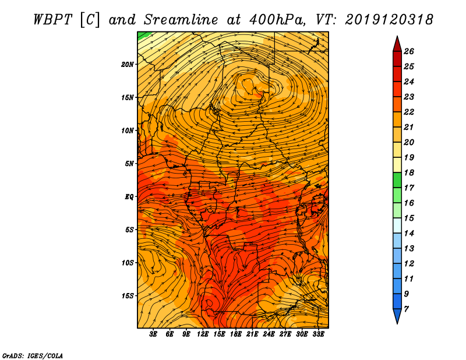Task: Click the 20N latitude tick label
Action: pyautogui.click(x=127, y=65)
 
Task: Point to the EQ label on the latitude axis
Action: pyautogui.click(x=129, y=197)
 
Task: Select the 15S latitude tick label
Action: pyautogui.click(x=127, y=296)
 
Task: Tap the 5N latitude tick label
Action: pyautogui.click(x=129, y=164)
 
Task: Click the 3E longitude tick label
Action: pyautogui.click(x=153, y=334)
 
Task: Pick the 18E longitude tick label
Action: pyautogui.click(x=236, y=334)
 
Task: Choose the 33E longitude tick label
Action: pyautogui.click(x=318, y=334)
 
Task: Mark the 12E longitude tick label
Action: pyautogui.click(x=203, y=334)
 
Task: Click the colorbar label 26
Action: pyautogui.click(x=409, y=51)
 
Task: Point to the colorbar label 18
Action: pyautogui.click(x=409, y=172)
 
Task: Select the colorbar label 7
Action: pyautogui.click(x=406, y=309)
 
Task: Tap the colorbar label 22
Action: pyautogui.click(x=409, y=112)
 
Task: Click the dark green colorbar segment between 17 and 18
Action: pyautogui.click(x=397, y=180)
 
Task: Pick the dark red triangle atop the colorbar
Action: pyautogui.click(x=397, y=45)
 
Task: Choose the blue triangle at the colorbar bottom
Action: pyautogui.click(x=397, y=315)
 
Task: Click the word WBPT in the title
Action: pyautogui.click(x=52, y=20)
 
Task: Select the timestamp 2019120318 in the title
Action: pyautogui.click(x=389, y=20)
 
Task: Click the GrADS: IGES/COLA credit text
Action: pyautogui.click(x=33, y=356)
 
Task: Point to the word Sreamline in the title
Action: pyautogui.click(x=181, y=20)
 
